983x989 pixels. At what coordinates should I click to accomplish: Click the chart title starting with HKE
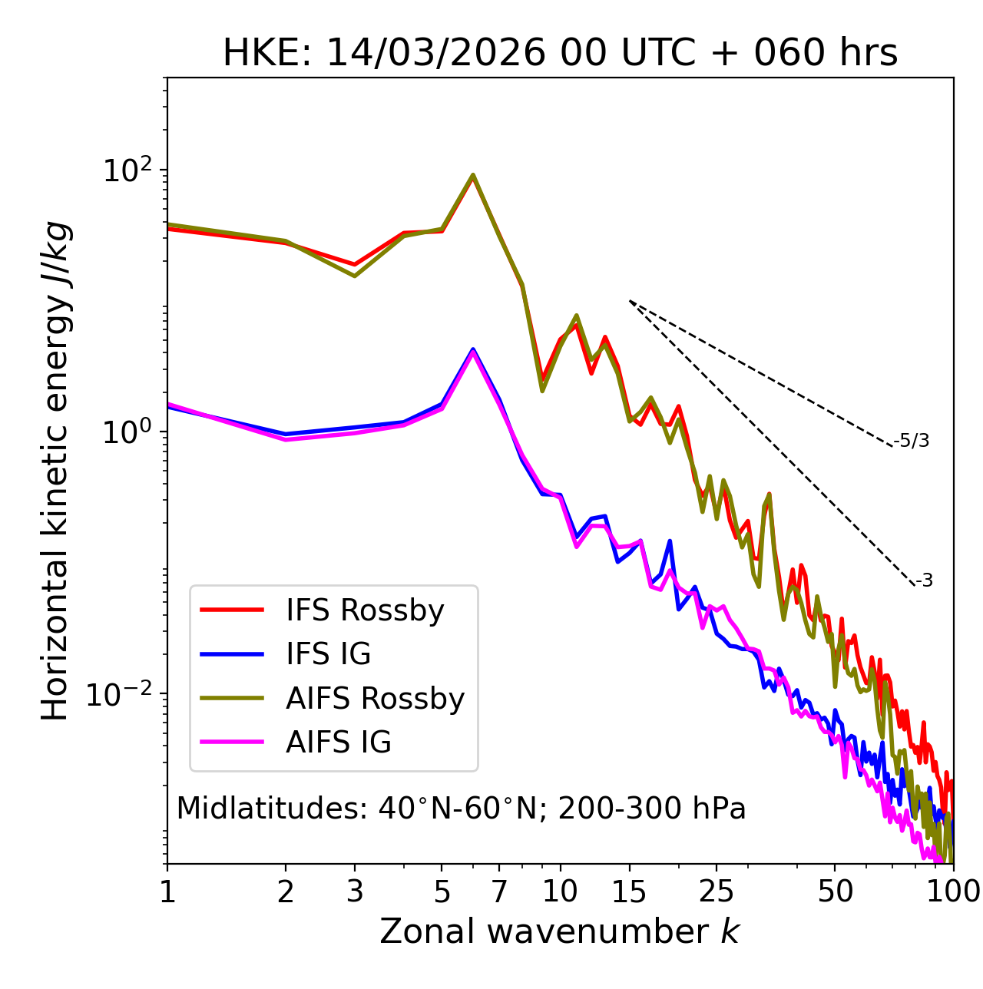coord(560,54)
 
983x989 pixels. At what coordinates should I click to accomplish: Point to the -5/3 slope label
coord(912,441)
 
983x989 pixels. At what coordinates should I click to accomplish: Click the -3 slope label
coord(924,580)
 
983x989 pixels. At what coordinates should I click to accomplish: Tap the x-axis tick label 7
coord(499,891)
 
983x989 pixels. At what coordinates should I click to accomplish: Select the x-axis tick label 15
coord(630,891)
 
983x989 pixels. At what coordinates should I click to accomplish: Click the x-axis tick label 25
coord(717,891)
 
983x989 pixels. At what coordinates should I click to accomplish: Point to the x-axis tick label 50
coord(835,891)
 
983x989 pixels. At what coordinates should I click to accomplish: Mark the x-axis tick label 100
coord(953,891)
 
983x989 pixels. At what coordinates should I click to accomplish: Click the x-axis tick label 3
coord(355,891)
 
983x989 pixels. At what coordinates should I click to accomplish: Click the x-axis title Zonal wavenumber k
coord(560,931)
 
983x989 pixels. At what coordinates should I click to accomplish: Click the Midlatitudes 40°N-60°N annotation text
coord(461,809)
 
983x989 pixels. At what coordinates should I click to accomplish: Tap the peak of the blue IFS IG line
coord(473,349)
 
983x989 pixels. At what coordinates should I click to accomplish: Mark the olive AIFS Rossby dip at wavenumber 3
coord(355,276)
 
